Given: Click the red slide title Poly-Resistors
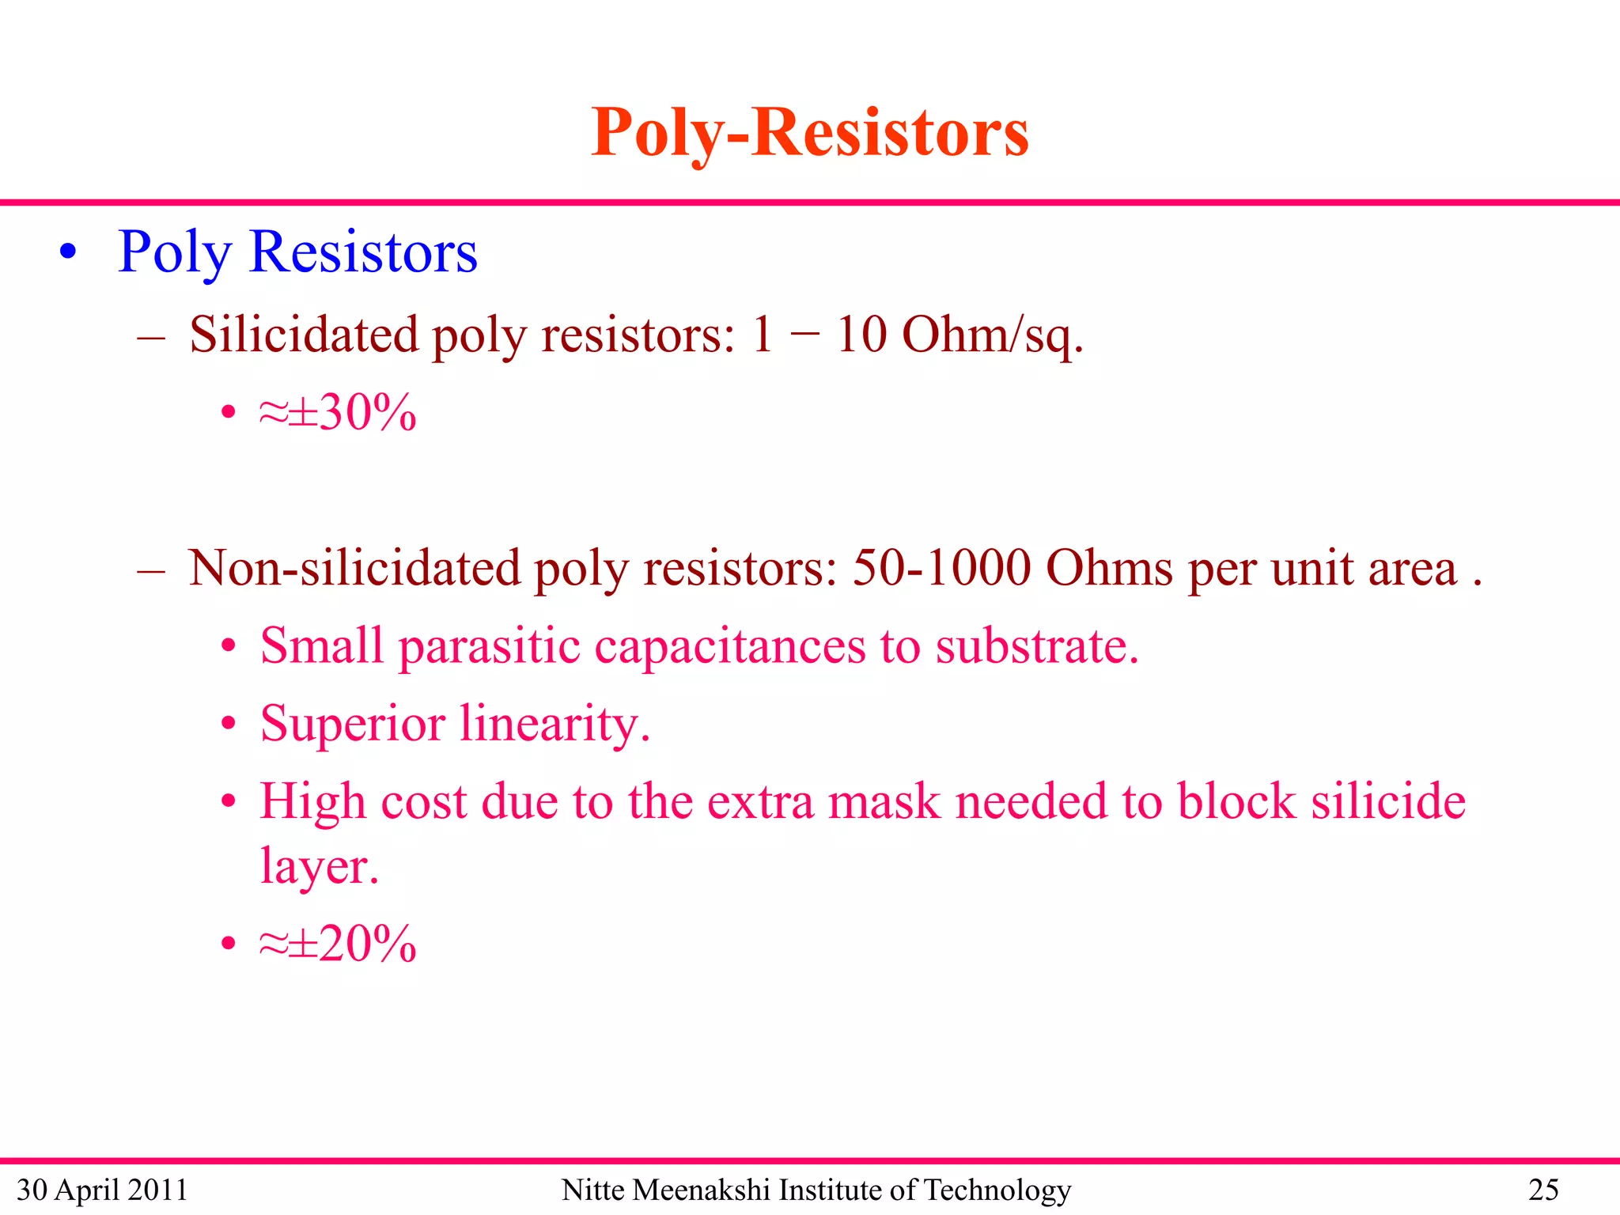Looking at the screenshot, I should pyautogui.click(x=809, y=133).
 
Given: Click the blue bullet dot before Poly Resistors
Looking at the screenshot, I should pyautogui.click(x=69, y=252).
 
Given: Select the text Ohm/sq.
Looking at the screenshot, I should pyautogui.click(x=992, y=335).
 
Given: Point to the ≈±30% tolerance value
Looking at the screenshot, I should pyautogui.click(x=338, y=412).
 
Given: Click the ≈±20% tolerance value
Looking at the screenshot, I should pyautogui.click(x=338, y=943).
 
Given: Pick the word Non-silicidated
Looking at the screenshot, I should pyautogui.click(x=354, y=568).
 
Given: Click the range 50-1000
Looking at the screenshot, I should pyautogui.click(x=941, y=568).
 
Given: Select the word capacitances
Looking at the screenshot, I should pyautogui.click(x=729, y=646).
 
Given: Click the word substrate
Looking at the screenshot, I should pyautogui.click(x=1036, y=646).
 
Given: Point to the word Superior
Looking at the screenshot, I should pyautogui.click(x=353, y=724).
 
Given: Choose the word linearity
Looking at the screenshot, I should pyautogui.click(x=555, y=724).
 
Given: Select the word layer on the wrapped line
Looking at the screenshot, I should pyautogui.click(x=319, y=866).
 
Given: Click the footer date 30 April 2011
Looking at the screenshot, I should pyautogui.click(x=102, y=1190).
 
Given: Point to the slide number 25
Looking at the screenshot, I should pyautogui.click(x=1542, y=1190).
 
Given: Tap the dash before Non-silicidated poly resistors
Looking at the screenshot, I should pyautogui.click(x=150, y=570).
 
